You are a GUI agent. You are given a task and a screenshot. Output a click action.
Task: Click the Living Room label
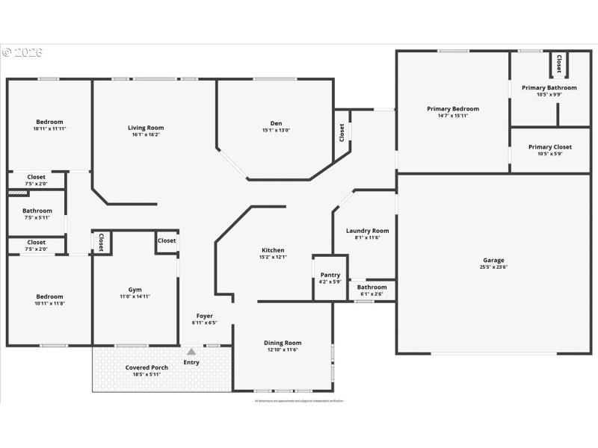(x=145, y=128)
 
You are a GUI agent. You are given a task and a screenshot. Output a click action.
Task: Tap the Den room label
(x=276, y=123)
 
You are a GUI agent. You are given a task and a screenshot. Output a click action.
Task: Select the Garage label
(x=493, y=260)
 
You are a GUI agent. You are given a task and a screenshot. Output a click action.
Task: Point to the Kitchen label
(x=273, y=250)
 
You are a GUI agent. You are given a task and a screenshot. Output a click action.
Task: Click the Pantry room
(x=330, y=276)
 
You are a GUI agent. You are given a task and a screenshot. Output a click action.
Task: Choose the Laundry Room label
(x=367, y=231)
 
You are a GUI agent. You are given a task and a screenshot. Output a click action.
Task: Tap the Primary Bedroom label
(x=453, y=109)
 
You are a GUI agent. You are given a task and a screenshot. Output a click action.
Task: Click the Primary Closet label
(x=549, y=147)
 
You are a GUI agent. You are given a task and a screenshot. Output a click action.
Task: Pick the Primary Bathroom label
(x=549, y=87)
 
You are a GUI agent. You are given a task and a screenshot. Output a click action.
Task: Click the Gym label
(x=135, y=290)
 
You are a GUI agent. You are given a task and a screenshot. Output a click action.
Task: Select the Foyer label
(x=205, y=316)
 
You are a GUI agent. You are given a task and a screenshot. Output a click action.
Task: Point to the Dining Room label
(x=283, y=343)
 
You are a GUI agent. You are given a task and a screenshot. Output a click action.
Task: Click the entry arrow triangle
(x=191, y=351)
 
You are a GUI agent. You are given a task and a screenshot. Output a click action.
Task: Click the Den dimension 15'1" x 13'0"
(x=276, y=131)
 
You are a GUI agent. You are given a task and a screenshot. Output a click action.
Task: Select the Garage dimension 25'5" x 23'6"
(x=493, y=267)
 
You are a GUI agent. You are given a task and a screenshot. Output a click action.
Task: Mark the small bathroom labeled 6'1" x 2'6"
(x=372, y=290)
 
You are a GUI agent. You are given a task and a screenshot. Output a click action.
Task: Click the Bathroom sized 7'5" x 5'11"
(x=37, y=214)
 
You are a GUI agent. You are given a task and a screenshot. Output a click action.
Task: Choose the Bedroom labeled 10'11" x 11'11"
(x=49, y=125)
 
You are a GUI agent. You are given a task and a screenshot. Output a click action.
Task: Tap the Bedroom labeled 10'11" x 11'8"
(x=49, y=299)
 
